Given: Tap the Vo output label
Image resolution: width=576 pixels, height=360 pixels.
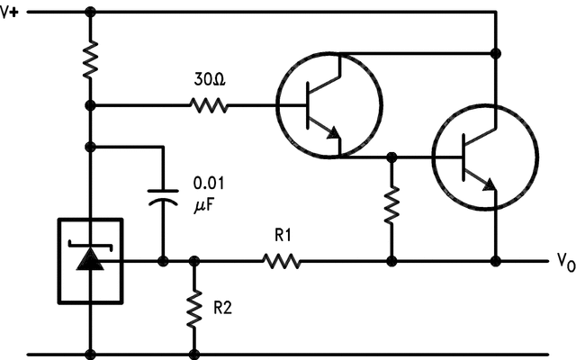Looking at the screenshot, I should [x=564, y=264].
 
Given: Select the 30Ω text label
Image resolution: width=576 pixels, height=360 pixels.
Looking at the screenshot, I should [x=210, y=80].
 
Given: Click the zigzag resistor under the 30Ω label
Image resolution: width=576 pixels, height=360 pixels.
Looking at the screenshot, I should [x=209, y=105].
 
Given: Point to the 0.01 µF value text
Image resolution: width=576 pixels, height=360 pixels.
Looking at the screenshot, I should [x=210, y=194].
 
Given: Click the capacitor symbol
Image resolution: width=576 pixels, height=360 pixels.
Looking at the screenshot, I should [x=163, y=197].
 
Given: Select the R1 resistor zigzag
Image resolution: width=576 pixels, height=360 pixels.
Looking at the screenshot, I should [x=281, y=262].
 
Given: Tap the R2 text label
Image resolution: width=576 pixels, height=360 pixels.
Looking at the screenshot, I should [x=224, y=307].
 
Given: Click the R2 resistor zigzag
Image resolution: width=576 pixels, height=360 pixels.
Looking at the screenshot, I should [x=193, y=309].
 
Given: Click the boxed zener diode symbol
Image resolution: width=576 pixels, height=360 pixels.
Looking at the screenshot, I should [x=90, y=261].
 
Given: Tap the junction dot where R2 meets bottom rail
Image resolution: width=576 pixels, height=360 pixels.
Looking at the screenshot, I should [x=193, y=353].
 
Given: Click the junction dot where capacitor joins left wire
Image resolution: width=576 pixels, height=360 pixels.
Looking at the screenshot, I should [x=90, y=147].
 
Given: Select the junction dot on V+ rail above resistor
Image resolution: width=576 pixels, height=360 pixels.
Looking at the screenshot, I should [x=90, y=13].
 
